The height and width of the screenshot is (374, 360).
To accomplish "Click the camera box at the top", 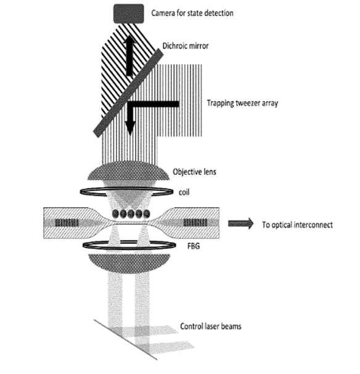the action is coord(129,14).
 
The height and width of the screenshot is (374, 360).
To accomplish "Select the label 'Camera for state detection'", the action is coord(192,13).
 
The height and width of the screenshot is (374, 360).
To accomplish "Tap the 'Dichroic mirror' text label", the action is coord(186,46).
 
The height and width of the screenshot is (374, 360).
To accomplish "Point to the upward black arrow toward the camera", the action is coord(129,55).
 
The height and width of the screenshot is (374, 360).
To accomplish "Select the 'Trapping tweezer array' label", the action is coord(242,103).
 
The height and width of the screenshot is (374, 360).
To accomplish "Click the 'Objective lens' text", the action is coord(194,172).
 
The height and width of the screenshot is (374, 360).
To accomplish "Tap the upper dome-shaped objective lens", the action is coord(129,171).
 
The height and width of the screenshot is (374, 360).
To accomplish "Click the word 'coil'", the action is coord(184,192).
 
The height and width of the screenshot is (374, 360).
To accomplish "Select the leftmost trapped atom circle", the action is coord(115,214).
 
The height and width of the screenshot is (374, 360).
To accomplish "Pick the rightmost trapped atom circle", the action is coord(146,214).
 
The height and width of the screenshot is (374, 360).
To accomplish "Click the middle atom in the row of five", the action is coord(131,214).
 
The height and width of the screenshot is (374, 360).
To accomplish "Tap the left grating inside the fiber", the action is coord(67,223).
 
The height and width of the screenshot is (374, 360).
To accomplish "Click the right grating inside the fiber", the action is coord(195,223).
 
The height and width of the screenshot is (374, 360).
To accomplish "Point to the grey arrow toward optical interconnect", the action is coord(240,224).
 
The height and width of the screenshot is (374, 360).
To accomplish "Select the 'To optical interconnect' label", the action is coord(297,225).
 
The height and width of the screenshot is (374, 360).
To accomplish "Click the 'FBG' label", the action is coord(194,246).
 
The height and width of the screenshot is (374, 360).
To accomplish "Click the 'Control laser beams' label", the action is coord(211,326).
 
